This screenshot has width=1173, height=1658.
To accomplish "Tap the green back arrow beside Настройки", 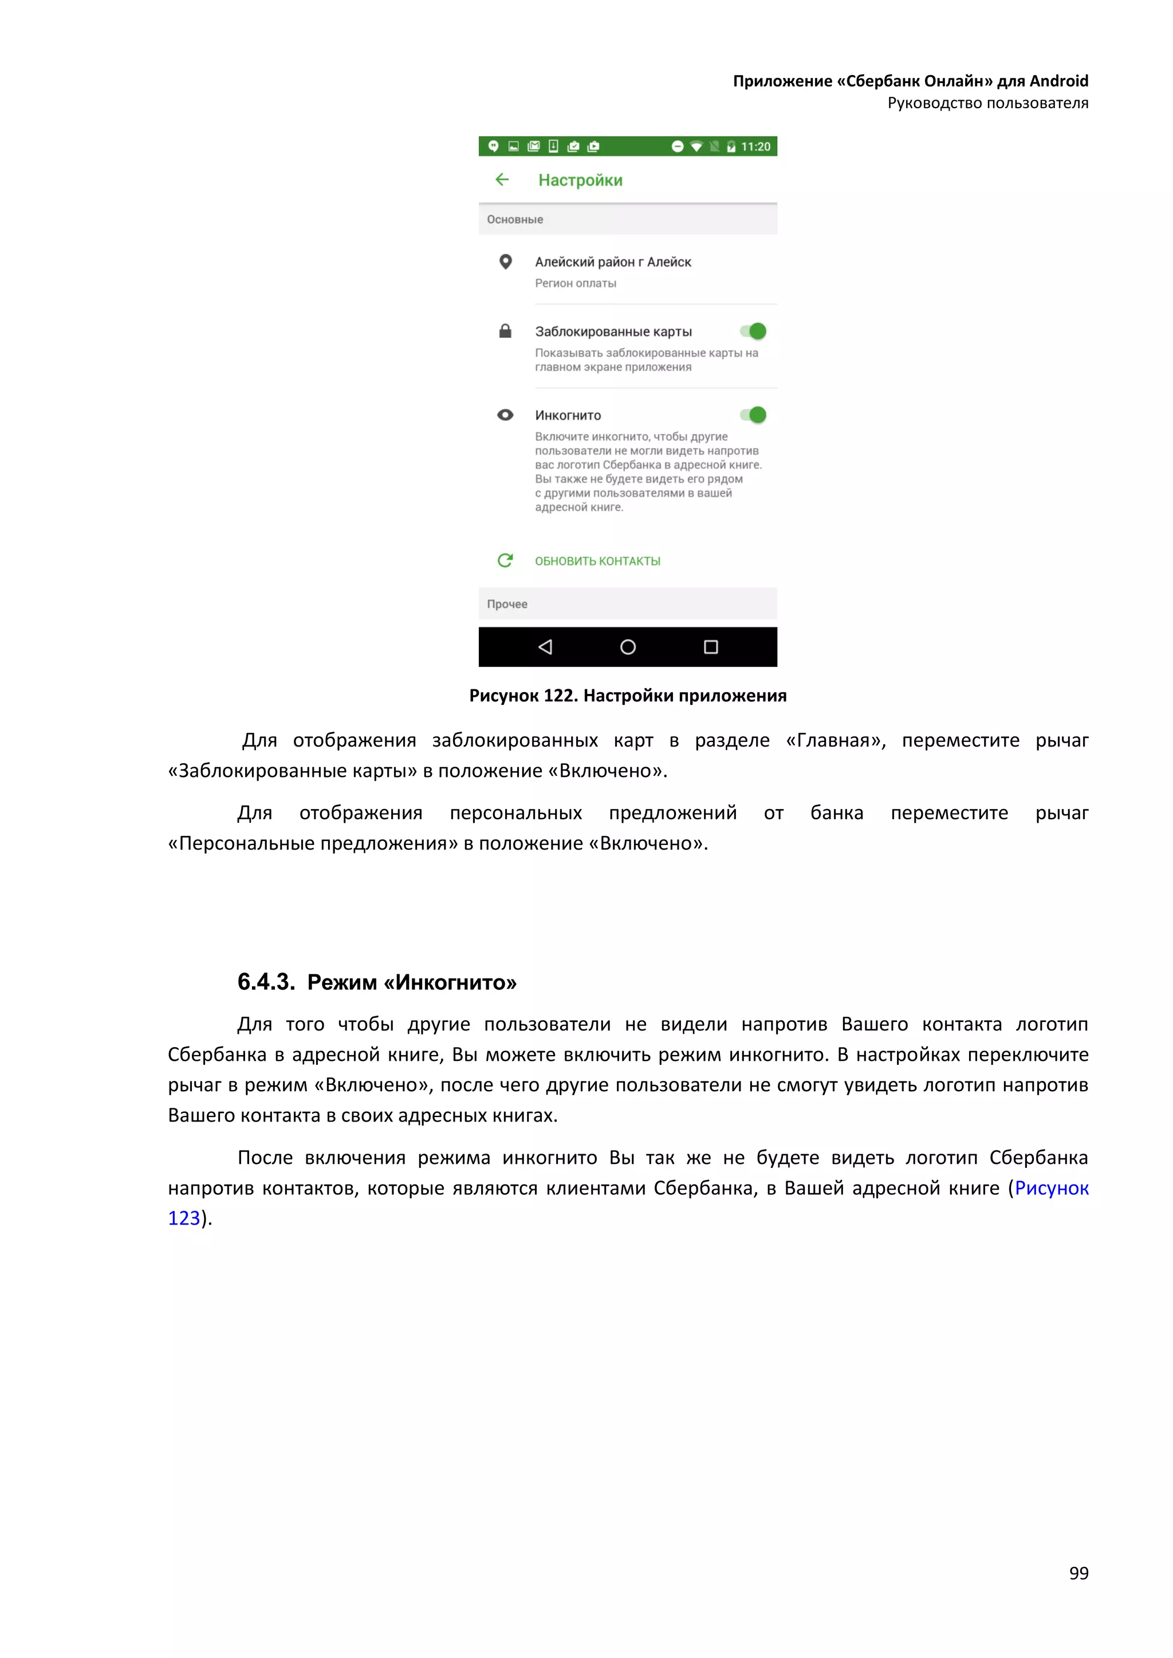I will (502, 180).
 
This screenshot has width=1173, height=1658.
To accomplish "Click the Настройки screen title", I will (580, 180).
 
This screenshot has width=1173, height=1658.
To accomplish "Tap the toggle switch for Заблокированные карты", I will (753, 331).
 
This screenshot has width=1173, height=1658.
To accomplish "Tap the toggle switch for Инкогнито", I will (753, 415).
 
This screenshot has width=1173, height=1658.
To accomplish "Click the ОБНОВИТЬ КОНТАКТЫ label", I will (597, 561).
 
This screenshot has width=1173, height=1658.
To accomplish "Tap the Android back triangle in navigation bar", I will (545, 647).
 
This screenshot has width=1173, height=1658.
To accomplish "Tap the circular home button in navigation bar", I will (628, 647).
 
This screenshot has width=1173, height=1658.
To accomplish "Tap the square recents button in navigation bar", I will (711, 647).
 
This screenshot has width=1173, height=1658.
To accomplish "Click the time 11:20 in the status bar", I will (755, 147).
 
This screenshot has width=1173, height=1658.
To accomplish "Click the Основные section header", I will (515, 219).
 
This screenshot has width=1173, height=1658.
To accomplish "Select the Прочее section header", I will (507, 605).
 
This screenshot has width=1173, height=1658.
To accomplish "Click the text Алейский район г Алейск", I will (612, 262).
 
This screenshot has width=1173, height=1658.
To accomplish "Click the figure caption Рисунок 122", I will (627, 696).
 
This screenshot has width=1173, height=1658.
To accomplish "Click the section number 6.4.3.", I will (266, 982).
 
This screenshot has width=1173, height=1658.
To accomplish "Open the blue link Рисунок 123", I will (1051, 1188).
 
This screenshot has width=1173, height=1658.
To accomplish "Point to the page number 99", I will (1078, 1573).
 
